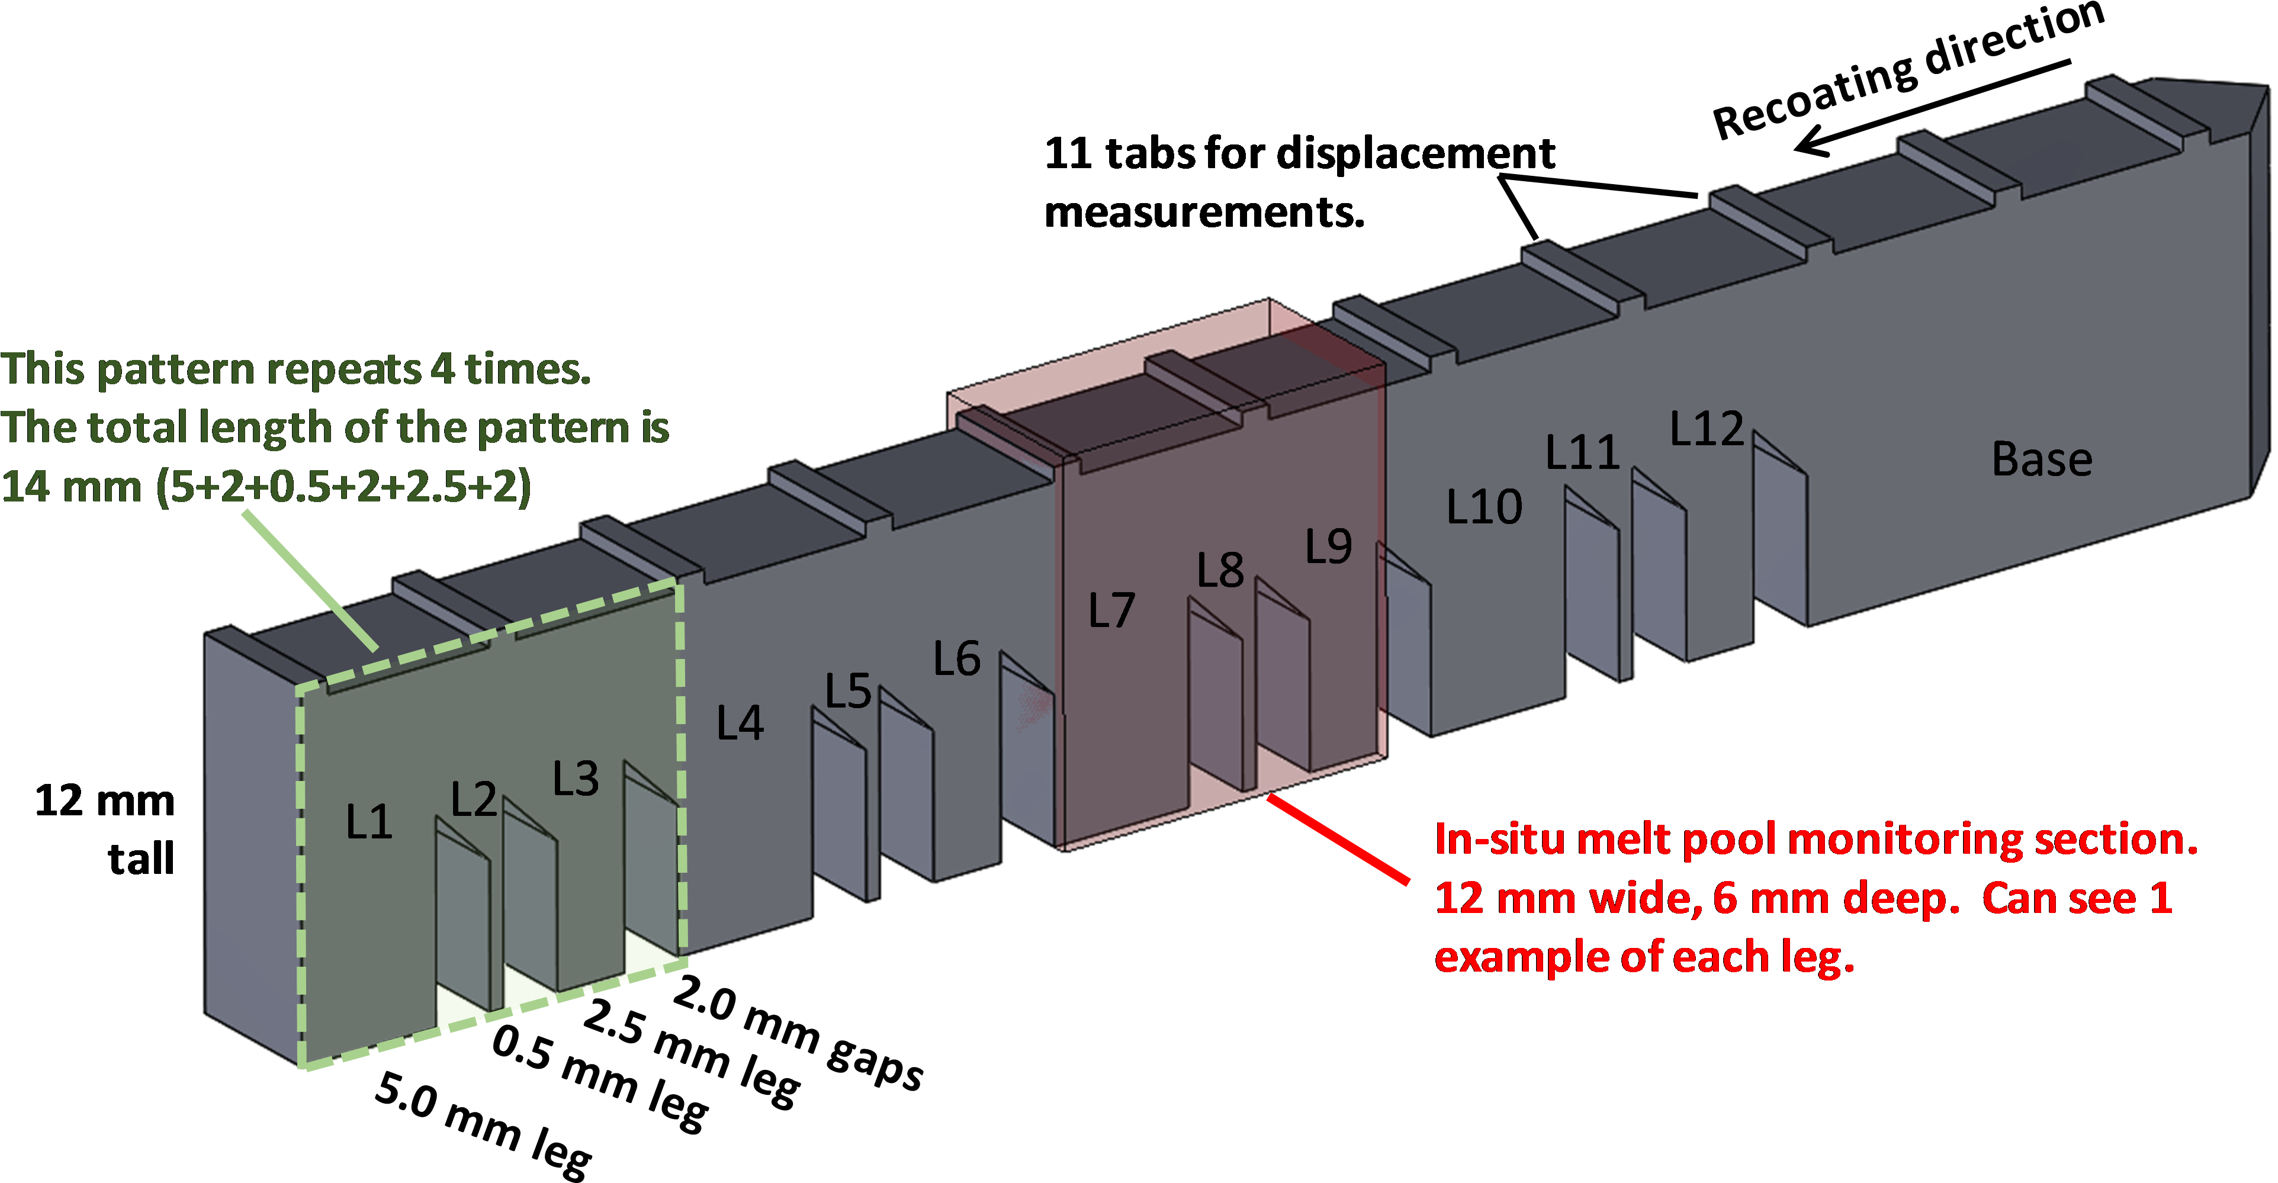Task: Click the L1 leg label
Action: (369, 822)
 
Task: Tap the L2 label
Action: (473, 800)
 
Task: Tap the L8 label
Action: (1220, 570)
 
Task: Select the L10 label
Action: (1484, 507)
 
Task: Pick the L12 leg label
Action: (1707, 429)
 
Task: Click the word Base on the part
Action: (2042, 460)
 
